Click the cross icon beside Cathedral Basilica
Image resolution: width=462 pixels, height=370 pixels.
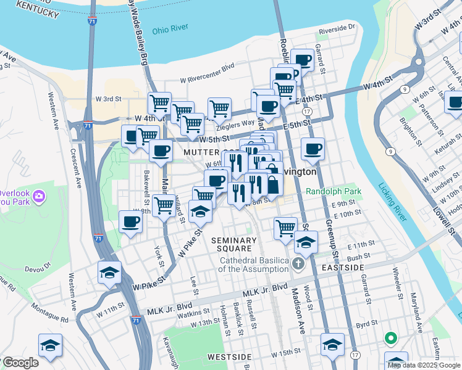[x=298, y=265]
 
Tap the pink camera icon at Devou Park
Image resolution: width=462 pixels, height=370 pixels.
[x=38, y=197]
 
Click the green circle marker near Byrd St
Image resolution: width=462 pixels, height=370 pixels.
[x=390, y=338]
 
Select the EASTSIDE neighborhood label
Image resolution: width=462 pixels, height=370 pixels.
[x=342, y=268]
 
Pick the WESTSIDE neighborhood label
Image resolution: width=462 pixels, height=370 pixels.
[x=229, y=357]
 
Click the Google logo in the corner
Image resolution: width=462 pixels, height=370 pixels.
[x=20, y=363]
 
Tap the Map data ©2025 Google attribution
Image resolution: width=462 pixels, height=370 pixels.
[x=424, y=365]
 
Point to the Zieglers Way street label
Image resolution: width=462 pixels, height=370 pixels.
[x=235, y=123]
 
